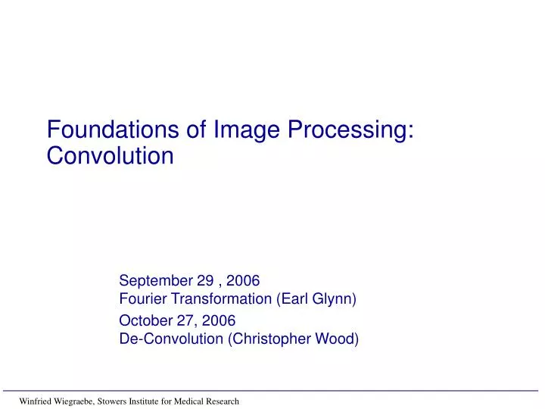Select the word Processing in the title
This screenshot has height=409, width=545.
click(350, 130)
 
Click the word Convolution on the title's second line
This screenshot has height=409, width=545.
click(111, 156)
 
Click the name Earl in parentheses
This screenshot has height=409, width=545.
click(296, 298)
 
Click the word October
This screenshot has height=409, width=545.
click(145, 320)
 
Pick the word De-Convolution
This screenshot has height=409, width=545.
click(172, 339)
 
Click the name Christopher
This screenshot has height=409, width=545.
click(268, 339)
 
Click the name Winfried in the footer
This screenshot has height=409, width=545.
click(36, 401)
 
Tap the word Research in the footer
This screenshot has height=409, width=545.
click(223, 401)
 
